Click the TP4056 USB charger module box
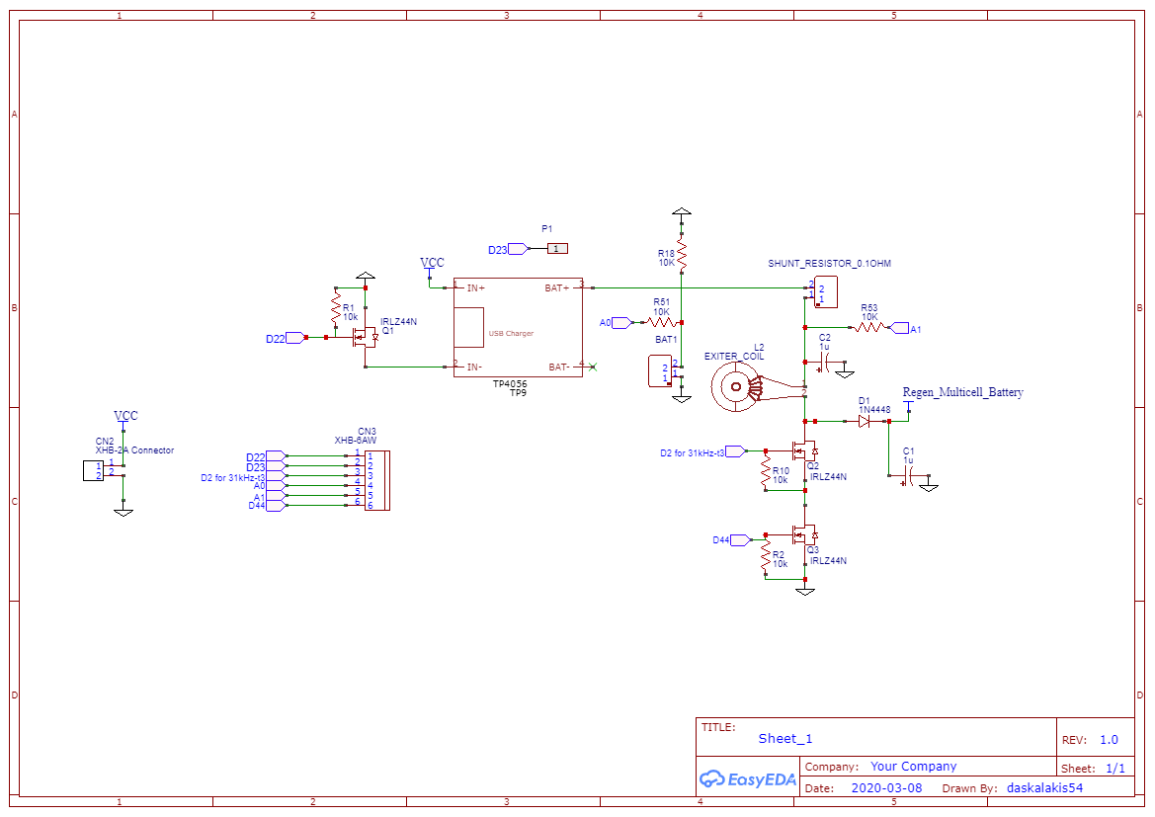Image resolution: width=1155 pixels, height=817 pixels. coord(518,327)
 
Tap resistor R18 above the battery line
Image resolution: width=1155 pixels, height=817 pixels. coord(682,257)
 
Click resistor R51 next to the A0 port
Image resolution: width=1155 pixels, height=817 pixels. coord(662,322)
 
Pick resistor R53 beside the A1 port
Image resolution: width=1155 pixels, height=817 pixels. coord(869,327)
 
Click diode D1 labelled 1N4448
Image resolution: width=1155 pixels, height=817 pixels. coord(864,421)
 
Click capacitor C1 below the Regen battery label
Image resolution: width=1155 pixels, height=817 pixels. coord(909,475)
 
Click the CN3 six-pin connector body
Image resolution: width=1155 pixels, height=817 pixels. coord(376,480)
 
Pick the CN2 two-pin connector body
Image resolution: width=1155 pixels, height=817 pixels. coord(93,470)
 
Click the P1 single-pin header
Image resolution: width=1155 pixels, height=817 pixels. coord(557,249)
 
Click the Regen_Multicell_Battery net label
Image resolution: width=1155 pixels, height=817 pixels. coord(962,392)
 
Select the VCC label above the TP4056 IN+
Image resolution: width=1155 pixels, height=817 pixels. coord(432,263)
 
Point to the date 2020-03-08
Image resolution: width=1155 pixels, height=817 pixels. coord(885,788)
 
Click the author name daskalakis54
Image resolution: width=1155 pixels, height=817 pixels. coord(1044,788)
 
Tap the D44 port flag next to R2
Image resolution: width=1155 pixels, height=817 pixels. coord(739,540)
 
